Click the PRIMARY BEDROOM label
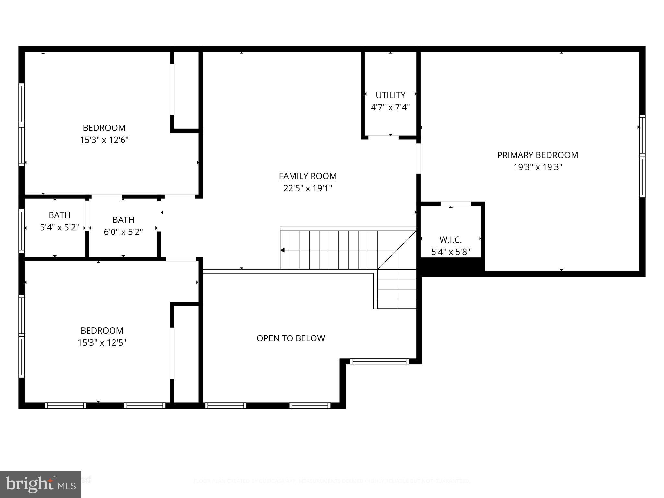tap(538, 155)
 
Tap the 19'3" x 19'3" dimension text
tap(538, 167)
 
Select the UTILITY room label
tap(390, 95)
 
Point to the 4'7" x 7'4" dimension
tap(390, 107)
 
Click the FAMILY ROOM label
tap(308, 176)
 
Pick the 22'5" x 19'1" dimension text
tap(308, 188)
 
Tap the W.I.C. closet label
tap(450, 240)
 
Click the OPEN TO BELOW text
tap(290, 338)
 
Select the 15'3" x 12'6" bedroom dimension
tap(104, 140)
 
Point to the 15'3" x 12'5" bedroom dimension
tap(102, 343)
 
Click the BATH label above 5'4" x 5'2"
tap(59, 215)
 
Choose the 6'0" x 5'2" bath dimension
tap(123, 232)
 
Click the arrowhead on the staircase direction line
tap(282, 250)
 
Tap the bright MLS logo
tap(40, 485)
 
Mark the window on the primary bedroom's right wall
tap(642, 156)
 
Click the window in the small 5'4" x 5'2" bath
tap(22, 231)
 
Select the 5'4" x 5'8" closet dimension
tap(450, 252)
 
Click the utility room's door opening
tap(383, 137)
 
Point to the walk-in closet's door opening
tap(456, 204)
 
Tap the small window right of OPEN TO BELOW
tap(379, 361)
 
